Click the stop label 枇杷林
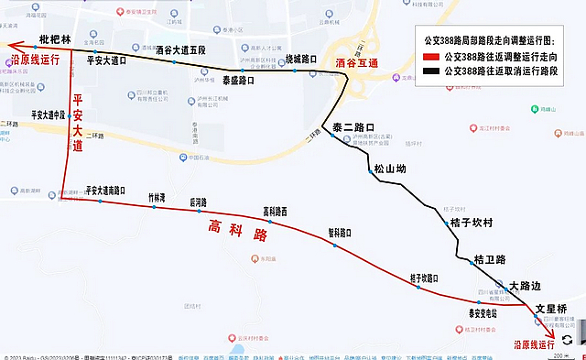(x=55, y=40)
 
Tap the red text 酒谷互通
(x=358, y=64)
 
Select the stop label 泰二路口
(x=353, y=127)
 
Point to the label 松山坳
(x=389, y=169)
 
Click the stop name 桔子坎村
(x=472, y=223)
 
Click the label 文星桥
(x=552, y=309)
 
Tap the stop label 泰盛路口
(x=238, y=81)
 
